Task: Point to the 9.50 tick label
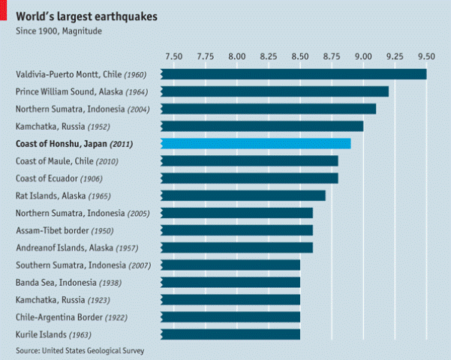pyautogui.click(x=426, y=55)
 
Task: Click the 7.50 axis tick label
pyautogui.click(x=173, y=55)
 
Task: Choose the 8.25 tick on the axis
pyautogui.click(x=269, y=55)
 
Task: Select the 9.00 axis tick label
pyautogui.click(x=363, y=55)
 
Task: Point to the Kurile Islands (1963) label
pyautogui.click(x=53, y=334)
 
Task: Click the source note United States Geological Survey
pyautogui.click(x=80, y=350)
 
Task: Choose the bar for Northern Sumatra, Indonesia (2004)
pyautogui.click(x=269, y=109)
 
